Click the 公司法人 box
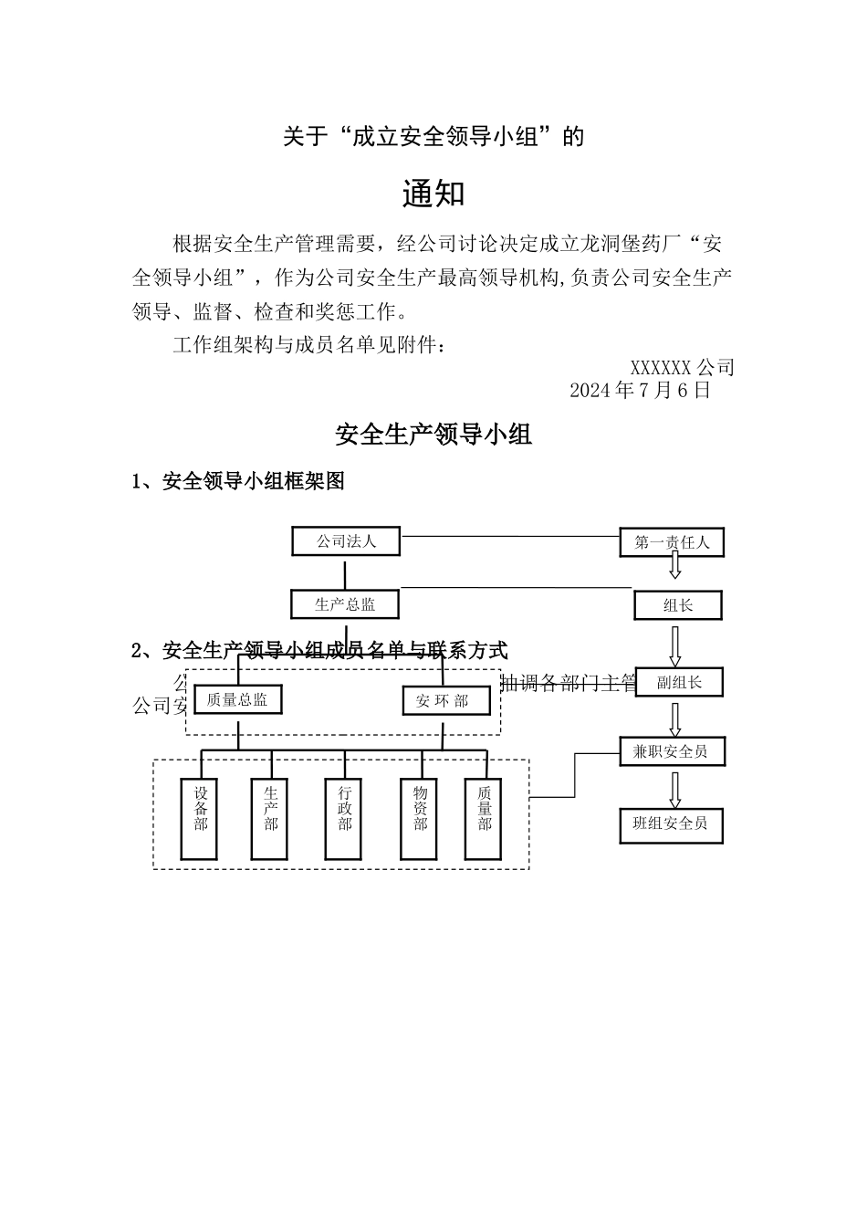346,541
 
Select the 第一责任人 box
672,541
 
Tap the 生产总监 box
345,604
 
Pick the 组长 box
677,605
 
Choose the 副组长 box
679,682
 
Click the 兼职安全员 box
671,751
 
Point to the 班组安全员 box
671,823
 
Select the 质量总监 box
237,700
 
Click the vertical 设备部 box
199,819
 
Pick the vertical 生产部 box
270,819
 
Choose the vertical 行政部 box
345,819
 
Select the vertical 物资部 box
420,819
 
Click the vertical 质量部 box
484,819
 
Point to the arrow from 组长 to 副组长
675,645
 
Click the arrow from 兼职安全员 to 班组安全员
675,788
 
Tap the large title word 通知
433,194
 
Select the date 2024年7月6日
640,391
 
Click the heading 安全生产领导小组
433,435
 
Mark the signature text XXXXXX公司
682,368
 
